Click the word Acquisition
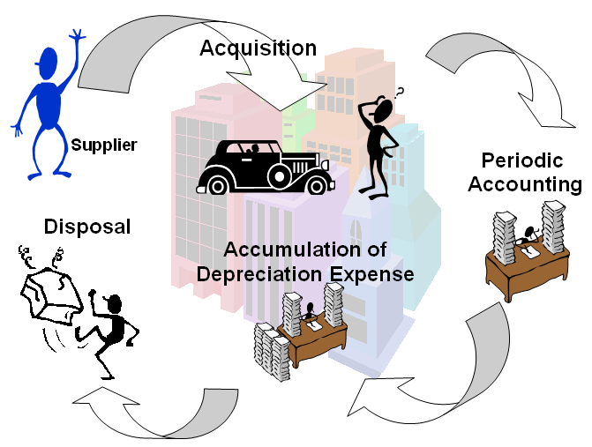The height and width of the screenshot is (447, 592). point(258,48)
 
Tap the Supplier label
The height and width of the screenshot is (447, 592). point(104,145)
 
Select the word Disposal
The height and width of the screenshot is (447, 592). point(87,227)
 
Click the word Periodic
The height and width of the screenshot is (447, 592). point(524,161)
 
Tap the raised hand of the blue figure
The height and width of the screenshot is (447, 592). point(76,36)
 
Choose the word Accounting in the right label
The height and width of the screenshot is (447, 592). point(524,184)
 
